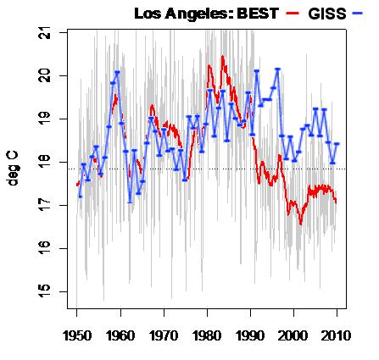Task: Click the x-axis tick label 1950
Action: click(x=77, y=336)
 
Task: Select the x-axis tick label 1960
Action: click(x=120, y=336)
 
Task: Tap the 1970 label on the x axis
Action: click(x=164, y=336)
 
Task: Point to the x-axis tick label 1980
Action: click(x=207, y=336)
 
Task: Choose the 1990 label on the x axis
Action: click(x=250, y=336)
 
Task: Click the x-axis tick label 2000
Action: click(x=293, y=336)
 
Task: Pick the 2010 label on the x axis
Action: click(x=337, y=336)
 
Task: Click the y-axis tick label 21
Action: click(x=44, y=33)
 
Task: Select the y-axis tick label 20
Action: click(x=44, y=75)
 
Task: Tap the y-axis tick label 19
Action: click(x=44, y=119)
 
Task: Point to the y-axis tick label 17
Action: click(x=44, y=205)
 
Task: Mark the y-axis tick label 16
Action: click(x=44, y=248)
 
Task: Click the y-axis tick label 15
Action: click(x=44, y=291)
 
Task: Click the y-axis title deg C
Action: click(x=13, y=169)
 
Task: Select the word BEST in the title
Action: click(x=258, y=14)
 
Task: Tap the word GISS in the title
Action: click(x=327, y=14)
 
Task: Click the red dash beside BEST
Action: click(x=292, y=14)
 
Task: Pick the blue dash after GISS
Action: click(x=358, y=14)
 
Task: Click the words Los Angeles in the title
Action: click(x=183, y=14)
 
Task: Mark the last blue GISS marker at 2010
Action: click(x=337, y=144)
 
